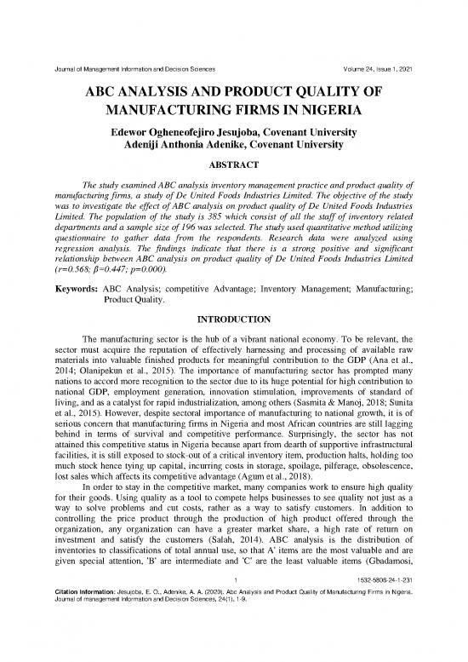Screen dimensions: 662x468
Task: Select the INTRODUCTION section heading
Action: coord(234,319)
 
